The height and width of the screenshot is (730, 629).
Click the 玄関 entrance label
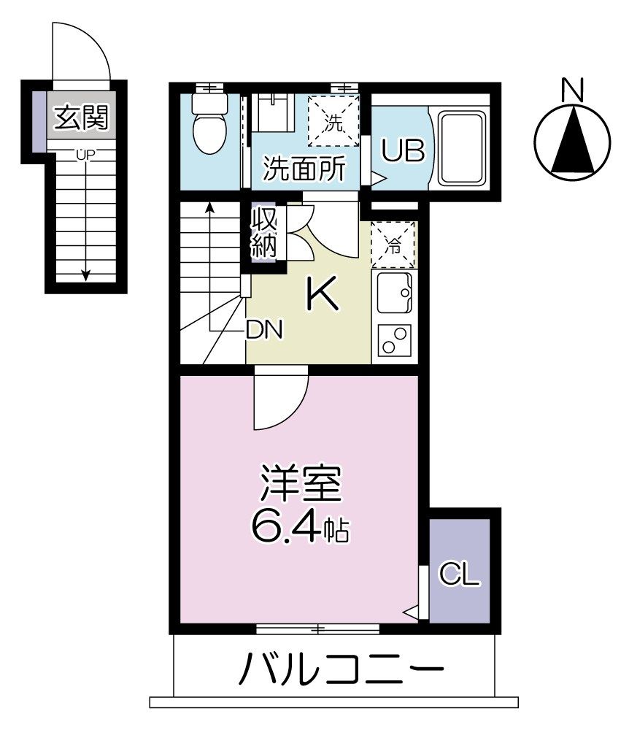pyautogui.click(x=80, y=117)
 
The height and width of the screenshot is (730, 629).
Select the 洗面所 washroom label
pyautogui.click(x=304, y=170)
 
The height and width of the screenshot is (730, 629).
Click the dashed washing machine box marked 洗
pyautogui.click(x=333, y=121)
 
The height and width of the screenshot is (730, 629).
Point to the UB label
pyautogui.click(x=399, y=153)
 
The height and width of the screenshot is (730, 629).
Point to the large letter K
pyautogui.click(x=321, y=295)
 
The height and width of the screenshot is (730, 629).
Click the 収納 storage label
pyautogui.click(x=264, y=233)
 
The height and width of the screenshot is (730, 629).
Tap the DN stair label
pyautogui.click(x=263, y=330)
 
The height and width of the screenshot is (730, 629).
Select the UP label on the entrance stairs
pyautogui.click(x=85, y=155)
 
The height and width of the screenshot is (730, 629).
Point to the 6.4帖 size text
pyautogui.click(x=300, y=527)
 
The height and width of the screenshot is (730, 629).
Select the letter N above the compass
pyautogui.click(x=573, y=90)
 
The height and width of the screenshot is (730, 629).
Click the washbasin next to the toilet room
pyautogui.click(x=271, y=113)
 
